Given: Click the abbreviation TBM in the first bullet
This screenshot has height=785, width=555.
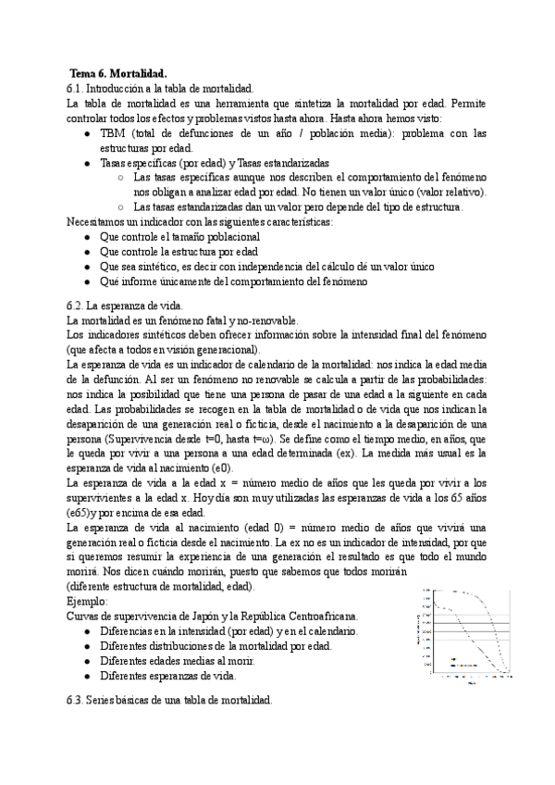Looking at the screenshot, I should tap(114, 133).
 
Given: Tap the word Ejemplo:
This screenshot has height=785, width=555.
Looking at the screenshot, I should tap(88, 601).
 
